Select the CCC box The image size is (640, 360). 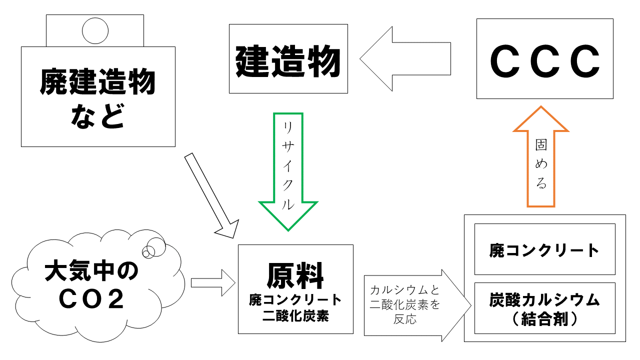544,59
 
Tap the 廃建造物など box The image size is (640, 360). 98,97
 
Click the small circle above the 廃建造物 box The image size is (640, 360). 94,31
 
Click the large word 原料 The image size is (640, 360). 295,275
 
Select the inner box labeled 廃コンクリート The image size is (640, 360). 544,249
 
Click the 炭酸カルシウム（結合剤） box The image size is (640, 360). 544,308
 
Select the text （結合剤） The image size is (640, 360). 544,319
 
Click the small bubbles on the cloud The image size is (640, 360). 152,248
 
